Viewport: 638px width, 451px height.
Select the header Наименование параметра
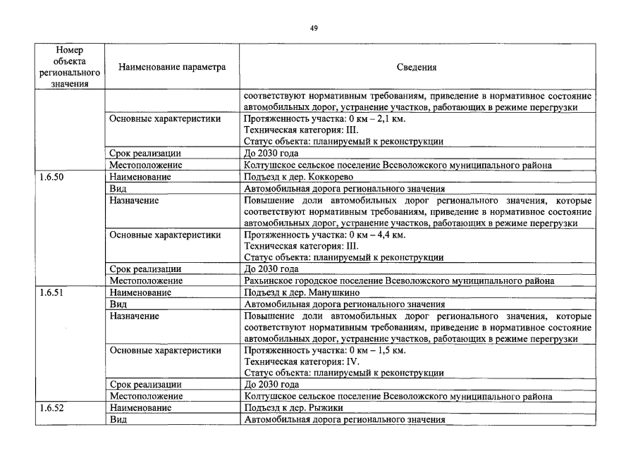pyautogui.click(x=172, y=68)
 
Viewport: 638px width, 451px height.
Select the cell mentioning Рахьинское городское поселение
pyautogui.click(x=398, y=280)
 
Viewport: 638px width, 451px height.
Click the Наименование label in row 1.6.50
pyautogui.click(x=140, y=177)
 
